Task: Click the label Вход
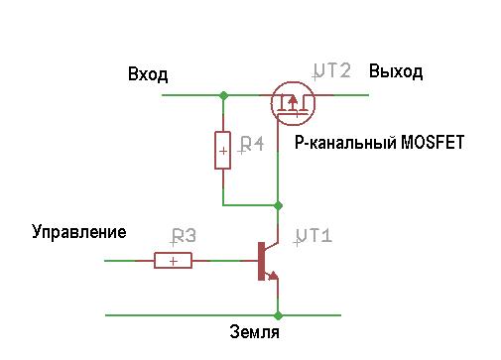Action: [148, 74]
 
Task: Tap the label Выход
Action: [396, 71]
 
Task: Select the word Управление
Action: [79, 232]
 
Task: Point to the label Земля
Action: [254, 332]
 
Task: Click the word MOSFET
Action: [433, 143]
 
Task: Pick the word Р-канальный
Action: [345, 143]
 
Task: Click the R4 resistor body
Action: [223, 151]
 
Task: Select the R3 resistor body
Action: [173, 261]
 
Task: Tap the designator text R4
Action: [251, 145]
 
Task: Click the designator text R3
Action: [184, 236]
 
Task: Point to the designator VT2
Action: [331, 71]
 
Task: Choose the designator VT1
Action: [313, 236]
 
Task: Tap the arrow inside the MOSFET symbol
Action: [292, 102]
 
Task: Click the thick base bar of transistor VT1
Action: [261, 261]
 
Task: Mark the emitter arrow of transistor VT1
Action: [273, 276]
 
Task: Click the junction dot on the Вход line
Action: [224, 95]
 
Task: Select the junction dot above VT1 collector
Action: [278, 205]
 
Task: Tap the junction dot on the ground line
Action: [278, 315]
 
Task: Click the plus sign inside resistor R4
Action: [223, 151]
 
